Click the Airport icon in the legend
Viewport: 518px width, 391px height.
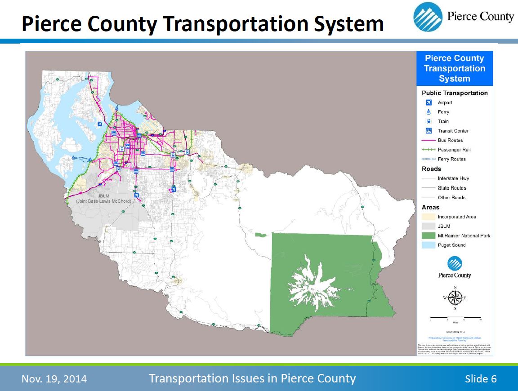tap(429, 102)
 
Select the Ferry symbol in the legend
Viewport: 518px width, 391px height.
tap(429, 112)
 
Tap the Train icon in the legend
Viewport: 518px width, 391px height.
tap(429, 121)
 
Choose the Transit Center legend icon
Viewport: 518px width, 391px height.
tap(429, 131)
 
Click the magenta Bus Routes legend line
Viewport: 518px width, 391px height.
tap(429, 140)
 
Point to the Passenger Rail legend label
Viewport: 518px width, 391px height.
tap(454, 150)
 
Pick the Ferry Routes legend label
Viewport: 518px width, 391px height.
tap(452, 159)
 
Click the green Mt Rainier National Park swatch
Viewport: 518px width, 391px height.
tap(429, 235)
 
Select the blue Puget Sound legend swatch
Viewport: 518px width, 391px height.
tap(429, 245)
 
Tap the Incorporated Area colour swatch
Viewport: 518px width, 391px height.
tap(429, 217)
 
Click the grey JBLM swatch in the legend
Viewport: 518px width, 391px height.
tap(429, 226)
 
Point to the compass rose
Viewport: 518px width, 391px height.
tap(455, 298)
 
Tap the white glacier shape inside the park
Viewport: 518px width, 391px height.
tap(315, 283)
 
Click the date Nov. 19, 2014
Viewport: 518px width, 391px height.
tap(54, 379)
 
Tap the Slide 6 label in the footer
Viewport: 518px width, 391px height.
tap(481, 379)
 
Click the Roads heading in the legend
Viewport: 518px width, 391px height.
tap(431, 169)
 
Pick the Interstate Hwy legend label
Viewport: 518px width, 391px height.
tap(453, 178)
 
